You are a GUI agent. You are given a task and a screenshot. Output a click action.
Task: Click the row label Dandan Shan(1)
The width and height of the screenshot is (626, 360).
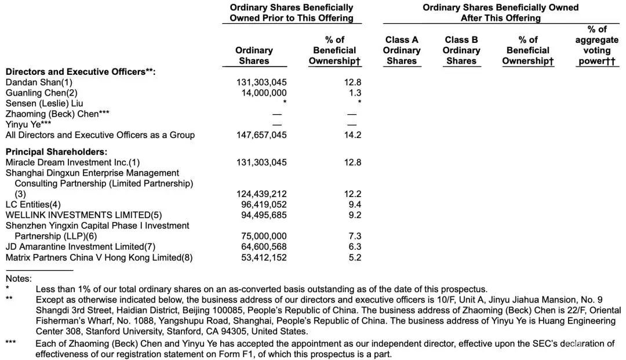[x=39, y=83]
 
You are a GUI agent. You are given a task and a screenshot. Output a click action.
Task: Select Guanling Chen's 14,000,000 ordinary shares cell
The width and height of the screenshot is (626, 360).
[x=261, y=93]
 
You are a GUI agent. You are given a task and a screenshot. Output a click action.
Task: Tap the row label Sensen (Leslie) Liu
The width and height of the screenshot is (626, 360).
[x=44, y=104]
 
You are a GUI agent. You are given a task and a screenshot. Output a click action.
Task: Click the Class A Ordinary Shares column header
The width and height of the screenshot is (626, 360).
[x=401, y=50]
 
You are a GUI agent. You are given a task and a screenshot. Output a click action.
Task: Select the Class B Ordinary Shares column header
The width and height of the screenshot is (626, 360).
[x=461, y=50]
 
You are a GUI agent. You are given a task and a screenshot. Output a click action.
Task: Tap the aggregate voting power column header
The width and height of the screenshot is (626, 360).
[x=596, y=45]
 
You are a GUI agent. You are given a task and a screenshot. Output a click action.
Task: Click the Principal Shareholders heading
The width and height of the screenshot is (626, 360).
[x=56, y=152]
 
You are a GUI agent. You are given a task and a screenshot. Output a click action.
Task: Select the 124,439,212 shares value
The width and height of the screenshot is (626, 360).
[x=261, y=194]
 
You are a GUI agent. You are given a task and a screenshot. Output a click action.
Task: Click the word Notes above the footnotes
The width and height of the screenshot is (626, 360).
[x=19, y=279]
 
